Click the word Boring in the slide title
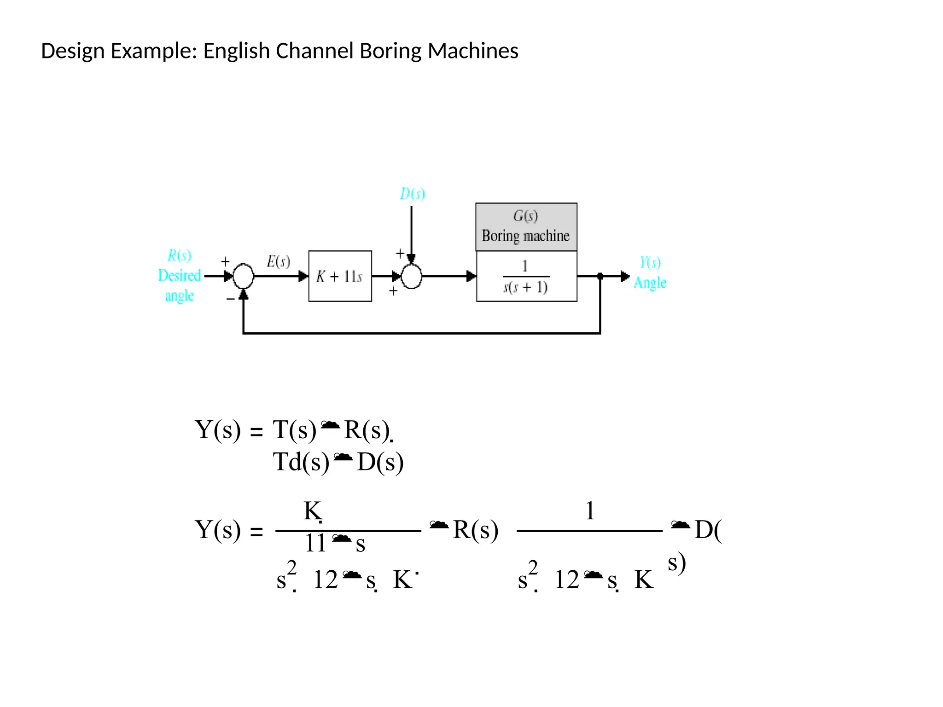390,51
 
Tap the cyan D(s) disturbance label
412,194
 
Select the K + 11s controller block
340,276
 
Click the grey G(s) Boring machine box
526,226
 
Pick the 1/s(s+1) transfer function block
526,277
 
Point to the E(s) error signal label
278,261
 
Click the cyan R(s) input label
179,255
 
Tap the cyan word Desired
179,275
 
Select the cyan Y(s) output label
650,262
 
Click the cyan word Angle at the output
650,283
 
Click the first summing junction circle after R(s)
243,276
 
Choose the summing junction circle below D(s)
411,277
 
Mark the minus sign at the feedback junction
230,299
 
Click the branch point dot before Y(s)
600,276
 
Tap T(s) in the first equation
294,430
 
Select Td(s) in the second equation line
301,462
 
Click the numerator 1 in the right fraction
590,511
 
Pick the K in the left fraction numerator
312,511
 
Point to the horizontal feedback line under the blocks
421,333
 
